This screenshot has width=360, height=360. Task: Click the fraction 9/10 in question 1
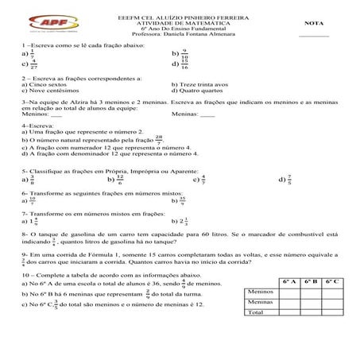[185, 55]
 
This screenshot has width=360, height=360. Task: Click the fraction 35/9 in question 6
[184, 200]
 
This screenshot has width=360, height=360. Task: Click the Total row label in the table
[256, 313]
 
